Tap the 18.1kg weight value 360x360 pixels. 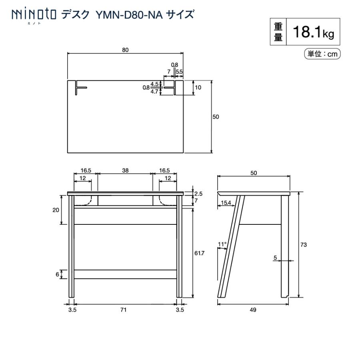(x=313, y=32)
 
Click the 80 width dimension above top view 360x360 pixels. (x=125, y=50)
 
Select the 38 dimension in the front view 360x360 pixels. (x=125, y=170)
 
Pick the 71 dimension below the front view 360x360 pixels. (x=125, y=310)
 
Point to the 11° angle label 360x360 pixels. (x=222, y=244)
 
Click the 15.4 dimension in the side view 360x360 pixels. (x=226, y=203)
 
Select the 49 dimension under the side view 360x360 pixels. (x=252, y=310)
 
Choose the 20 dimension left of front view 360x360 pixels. (x=56, y=210)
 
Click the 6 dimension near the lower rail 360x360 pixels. (x=58, y=274)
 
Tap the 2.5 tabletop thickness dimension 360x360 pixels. (x=198, y=194)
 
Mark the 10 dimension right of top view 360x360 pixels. (x=198, y=87)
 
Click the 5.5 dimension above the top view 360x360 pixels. (x=179, y=72)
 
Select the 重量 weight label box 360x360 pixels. (x=278, y=32)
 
